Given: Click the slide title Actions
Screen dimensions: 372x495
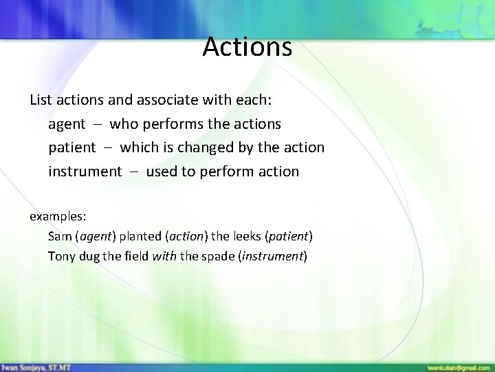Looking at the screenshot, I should pos(247,48).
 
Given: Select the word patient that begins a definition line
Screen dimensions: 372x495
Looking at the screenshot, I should pos(71,147).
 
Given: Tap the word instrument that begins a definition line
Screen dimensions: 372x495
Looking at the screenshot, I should pos(84,172).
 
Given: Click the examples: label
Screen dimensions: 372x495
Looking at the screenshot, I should pos(57,216).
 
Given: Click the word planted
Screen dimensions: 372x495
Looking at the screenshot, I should pos(140,236).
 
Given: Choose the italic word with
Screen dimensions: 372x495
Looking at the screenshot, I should pos(167,256).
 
